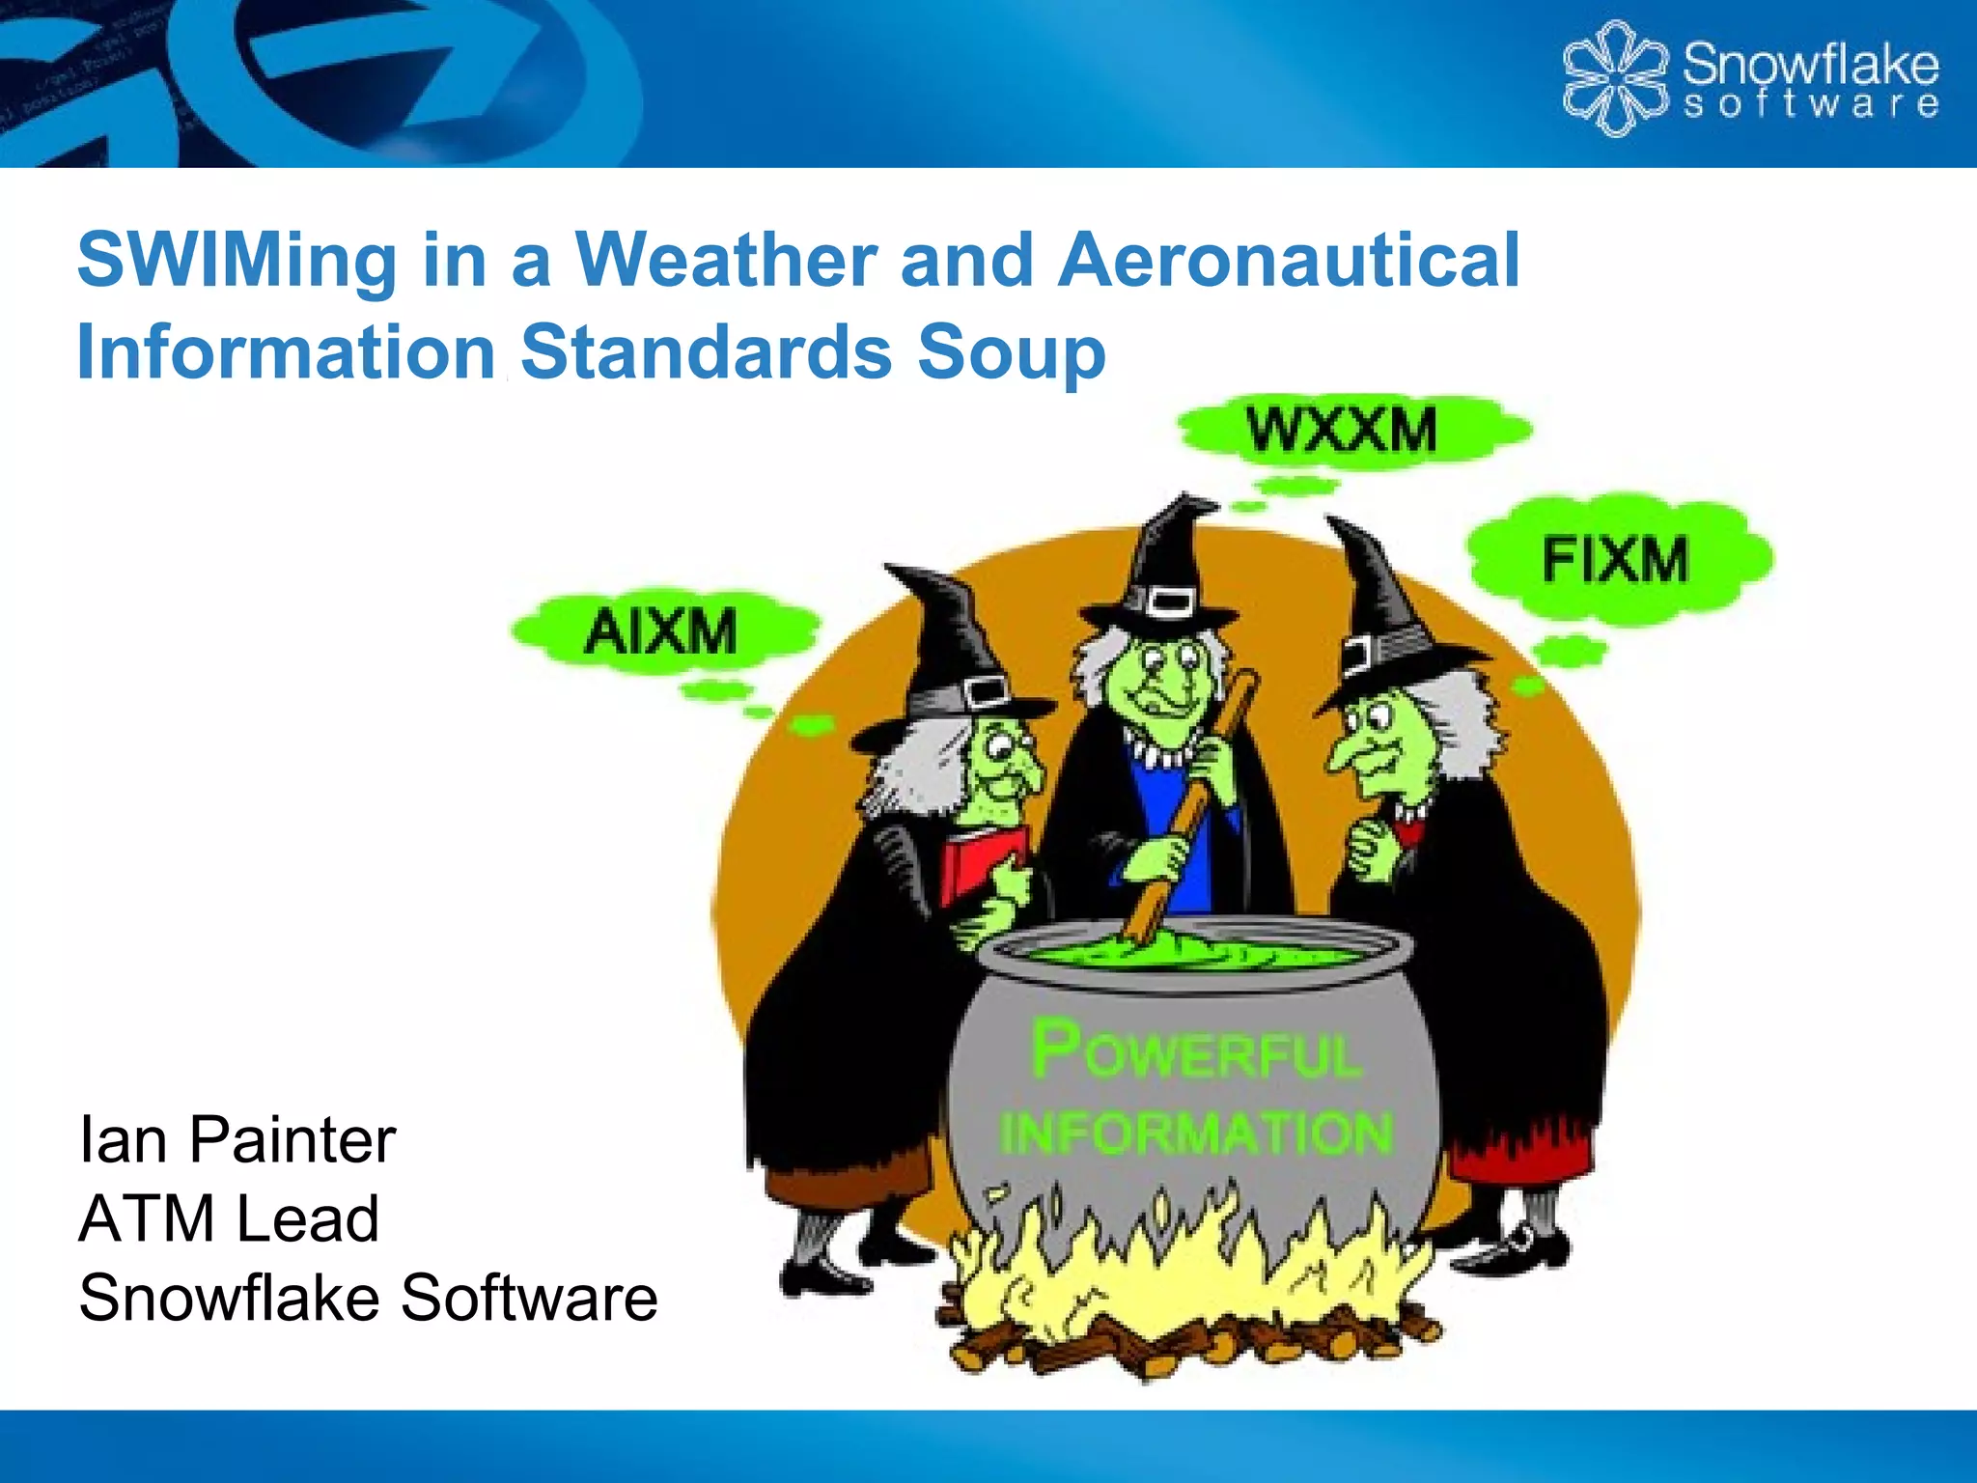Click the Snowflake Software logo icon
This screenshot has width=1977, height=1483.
1615,79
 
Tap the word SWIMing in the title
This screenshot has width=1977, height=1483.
237,261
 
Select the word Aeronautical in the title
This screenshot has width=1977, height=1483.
1289,261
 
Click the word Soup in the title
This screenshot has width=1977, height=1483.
1011,353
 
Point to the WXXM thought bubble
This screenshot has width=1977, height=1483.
1342,431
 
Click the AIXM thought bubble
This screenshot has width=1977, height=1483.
662,633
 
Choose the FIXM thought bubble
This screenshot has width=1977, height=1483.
1616,560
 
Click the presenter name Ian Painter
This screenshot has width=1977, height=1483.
237,1140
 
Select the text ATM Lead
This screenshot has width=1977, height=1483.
229,1218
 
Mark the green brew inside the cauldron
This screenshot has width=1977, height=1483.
1197,956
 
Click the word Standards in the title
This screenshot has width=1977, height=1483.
706,353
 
